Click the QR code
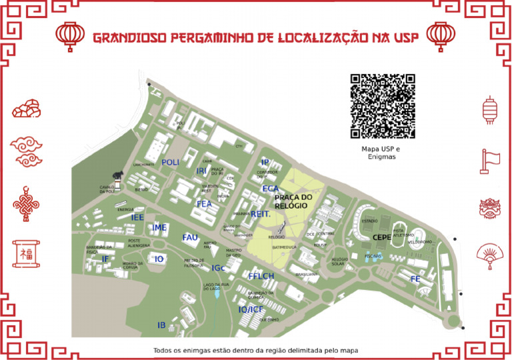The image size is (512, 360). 383,105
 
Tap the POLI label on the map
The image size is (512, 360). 171,163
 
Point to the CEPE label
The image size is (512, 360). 382,237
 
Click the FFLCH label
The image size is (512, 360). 261,276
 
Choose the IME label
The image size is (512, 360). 159,228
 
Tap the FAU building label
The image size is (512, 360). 190,237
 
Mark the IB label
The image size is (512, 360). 161,325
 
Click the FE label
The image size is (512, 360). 415,279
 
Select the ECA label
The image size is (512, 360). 270,189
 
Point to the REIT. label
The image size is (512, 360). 260,214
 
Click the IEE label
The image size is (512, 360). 138,217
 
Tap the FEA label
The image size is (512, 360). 204,203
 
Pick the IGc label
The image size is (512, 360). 218,268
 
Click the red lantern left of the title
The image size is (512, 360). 70,36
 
